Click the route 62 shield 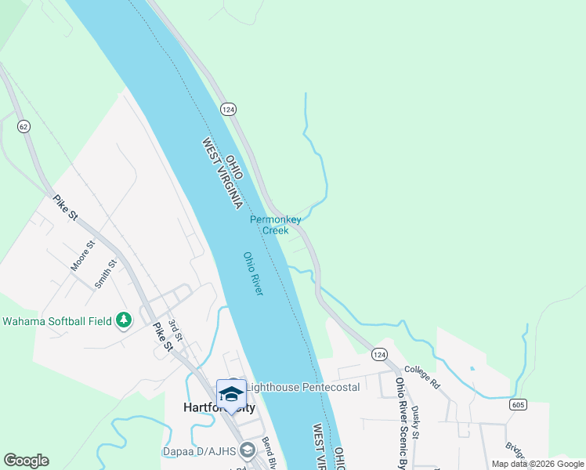tap(24, 125)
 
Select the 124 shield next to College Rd tap(380, 355)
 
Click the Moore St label tap(82, 256)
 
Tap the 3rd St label tap(175, 331)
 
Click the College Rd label tap(422, 377)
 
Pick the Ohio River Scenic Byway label tap(402, 423)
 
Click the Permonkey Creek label tap(275, 225)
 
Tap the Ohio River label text tap(253, 273)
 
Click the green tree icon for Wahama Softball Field tap(123, 320)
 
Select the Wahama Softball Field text tap(56, 320)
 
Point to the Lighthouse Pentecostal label tap(302, 387)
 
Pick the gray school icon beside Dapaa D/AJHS tap(248, 450)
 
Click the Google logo tap(26, 461)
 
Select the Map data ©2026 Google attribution tap(537, 464)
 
